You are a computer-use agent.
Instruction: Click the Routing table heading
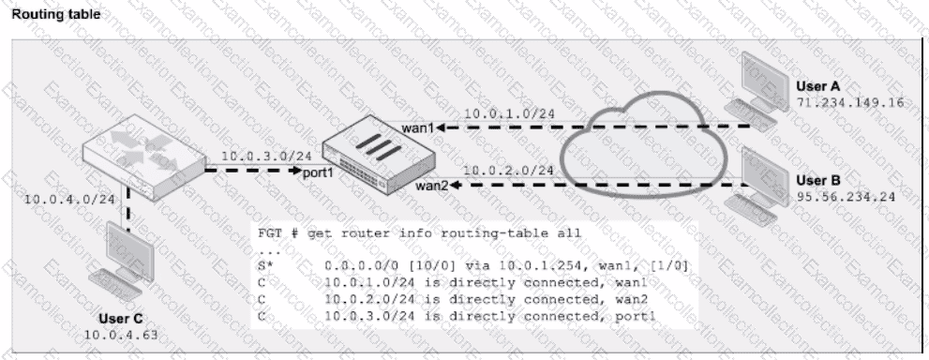pos(55,14)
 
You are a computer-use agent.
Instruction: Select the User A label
pos(818,86)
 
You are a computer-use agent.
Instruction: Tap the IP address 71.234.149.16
pos(850,102)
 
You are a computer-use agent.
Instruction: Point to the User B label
pos(818,181)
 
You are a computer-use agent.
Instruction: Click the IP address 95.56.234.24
pos(846,197)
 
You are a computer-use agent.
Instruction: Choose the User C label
pos(122,319)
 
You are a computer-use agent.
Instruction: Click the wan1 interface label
pos(418,127)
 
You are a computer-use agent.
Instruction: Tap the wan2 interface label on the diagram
pos(431,186)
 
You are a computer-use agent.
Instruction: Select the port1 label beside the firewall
pos(320,172)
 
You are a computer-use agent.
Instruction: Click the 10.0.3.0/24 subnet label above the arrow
pos(266,157)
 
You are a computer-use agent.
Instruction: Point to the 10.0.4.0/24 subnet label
pos(68,199)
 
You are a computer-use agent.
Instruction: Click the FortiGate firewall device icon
pos(379,157)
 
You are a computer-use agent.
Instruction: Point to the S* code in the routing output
pos(265,266)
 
